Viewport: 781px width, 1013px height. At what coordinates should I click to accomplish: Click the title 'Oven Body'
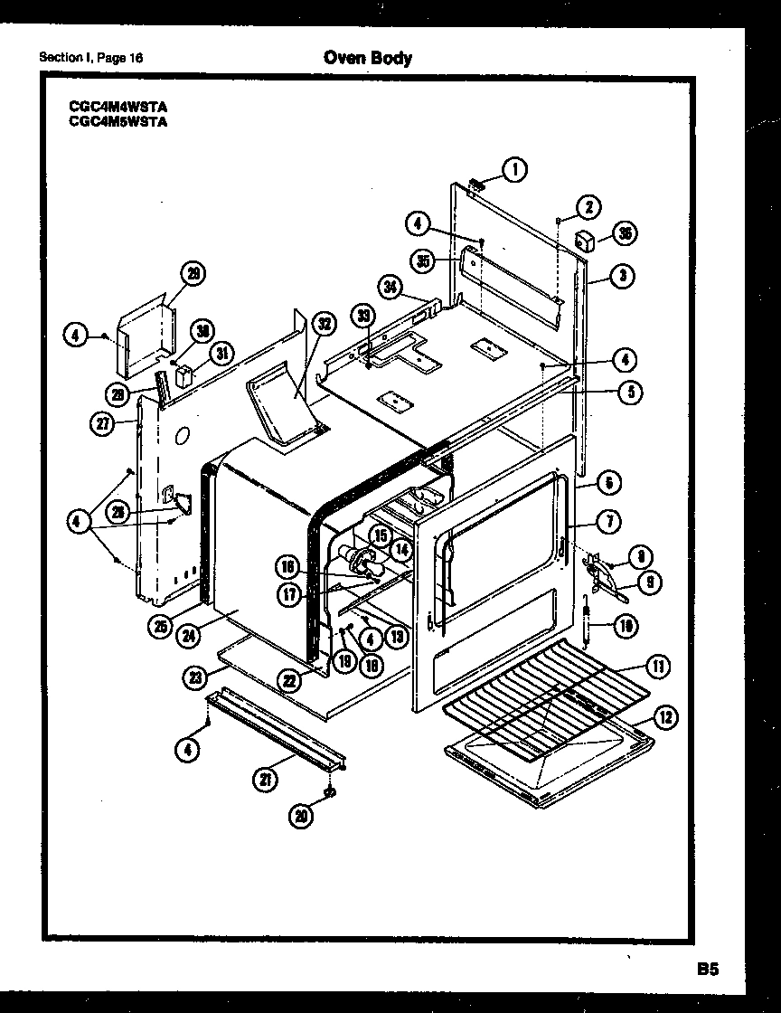click(367, 58)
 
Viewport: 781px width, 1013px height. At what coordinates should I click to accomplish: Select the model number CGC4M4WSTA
click(118, 105)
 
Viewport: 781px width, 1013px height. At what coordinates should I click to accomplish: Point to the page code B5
click(707, 969)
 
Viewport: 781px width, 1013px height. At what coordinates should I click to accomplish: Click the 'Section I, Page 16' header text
click(90, 59)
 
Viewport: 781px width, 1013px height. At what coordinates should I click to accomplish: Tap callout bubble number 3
click(622, 277)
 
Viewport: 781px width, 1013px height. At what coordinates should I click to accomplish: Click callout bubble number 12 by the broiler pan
click(664, 719)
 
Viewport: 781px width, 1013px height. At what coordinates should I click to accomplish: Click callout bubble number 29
click(193, 273)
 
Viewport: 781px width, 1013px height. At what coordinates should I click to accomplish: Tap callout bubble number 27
click(102, 421)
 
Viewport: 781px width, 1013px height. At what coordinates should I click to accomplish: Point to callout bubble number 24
click(189, 635)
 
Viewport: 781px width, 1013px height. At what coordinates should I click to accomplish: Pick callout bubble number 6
click(608, 484)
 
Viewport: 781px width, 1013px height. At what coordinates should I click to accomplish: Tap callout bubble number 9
click(646, 584)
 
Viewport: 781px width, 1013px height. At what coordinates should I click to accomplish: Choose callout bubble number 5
click(630, 393)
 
